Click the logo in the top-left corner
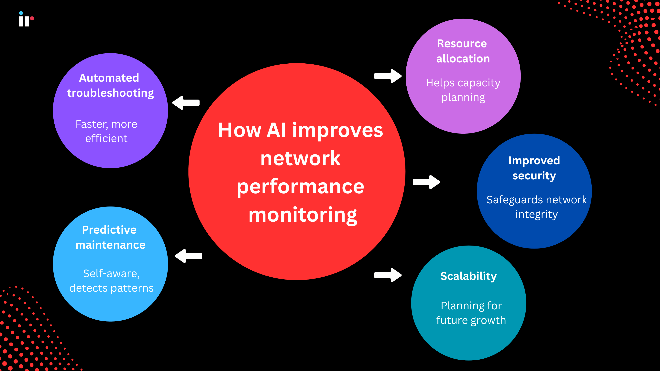26,19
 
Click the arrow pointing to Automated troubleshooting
186,103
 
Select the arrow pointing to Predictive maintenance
189,256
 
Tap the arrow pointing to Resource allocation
388,76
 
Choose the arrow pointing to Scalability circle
388,275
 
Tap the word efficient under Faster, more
106,139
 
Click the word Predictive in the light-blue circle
109,230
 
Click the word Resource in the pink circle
462,44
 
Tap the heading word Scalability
468,276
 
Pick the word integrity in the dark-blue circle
536,215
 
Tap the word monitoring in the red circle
302,215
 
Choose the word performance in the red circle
300,187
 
